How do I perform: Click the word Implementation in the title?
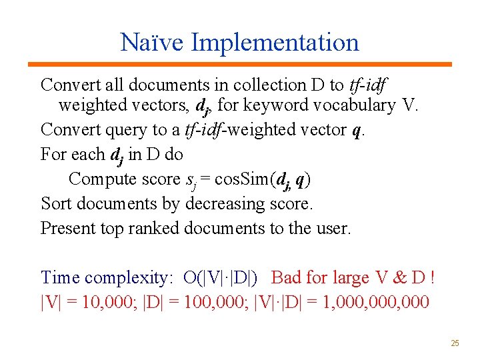click(x=275, y=43)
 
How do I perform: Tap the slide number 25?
click(x=455, y=343)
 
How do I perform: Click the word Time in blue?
click(x=61, y=277)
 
